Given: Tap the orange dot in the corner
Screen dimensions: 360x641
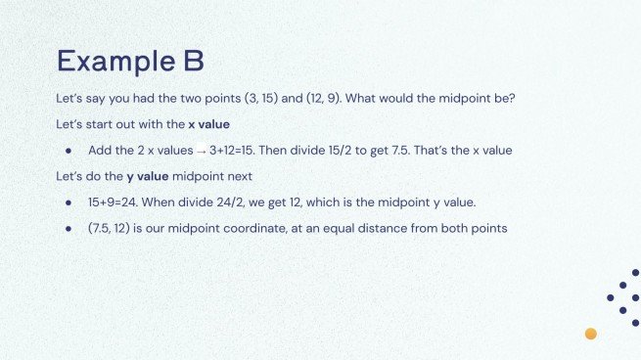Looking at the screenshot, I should pos(591,334).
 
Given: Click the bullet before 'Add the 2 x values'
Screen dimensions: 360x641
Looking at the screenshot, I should pos(69,152).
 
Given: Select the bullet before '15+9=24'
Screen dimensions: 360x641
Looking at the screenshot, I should pos(69,202).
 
